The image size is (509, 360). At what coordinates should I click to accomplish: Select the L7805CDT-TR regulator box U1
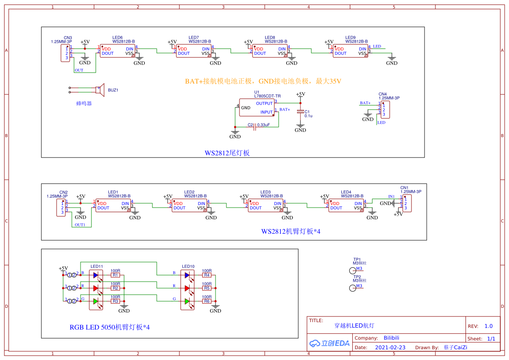pos(256,108)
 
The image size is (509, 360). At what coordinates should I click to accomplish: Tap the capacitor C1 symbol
pos(300,112)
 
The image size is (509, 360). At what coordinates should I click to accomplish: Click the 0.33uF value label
pos(263,125)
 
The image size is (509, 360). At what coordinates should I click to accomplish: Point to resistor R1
pos(115,275)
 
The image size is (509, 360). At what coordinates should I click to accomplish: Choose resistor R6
pos(206,301)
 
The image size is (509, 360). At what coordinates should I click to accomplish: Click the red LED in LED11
pos(96,288)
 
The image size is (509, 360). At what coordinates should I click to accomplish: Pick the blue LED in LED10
pos(187,275)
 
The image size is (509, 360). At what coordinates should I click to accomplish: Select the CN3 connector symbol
pos(66,53)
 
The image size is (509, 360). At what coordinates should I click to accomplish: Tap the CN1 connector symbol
pos(407,204)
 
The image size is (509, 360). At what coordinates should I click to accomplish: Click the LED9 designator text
pos(350,38)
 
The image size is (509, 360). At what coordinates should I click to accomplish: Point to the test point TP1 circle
pos(353,270)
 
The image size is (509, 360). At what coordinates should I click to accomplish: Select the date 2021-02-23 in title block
pos(390,347)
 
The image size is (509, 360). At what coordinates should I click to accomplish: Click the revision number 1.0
pos(489,326)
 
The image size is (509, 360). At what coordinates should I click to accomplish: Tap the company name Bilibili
pos(391,338)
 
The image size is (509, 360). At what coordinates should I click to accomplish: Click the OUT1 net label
pos(80,225)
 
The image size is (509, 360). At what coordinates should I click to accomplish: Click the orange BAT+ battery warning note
pos(263,81)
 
